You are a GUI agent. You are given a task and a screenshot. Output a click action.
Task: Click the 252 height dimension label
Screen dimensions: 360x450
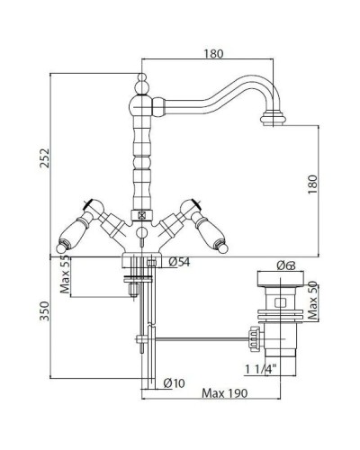click(x=44, y=157)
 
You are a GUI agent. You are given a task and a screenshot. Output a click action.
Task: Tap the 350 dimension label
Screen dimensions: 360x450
click(x=44, y=310)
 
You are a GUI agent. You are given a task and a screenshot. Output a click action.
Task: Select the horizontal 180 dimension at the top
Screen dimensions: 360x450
click(x=213, y=54)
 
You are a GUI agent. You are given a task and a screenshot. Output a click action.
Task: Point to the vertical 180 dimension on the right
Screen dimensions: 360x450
click(x=312, y=184)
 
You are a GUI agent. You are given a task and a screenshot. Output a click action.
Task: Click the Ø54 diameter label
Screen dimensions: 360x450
click(x=179, y=262)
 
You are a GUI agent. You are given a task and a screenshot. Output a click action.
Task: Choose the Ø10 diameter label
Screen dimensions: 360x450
click(x=174, y=382)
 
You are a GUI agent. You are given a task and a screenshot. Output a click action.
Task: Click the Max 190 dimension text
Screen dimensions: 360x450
click(x=225, y=393)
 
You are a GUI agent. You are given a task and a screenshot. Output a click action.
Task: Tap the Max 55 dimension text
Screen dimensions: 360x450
click(x=65, y=274)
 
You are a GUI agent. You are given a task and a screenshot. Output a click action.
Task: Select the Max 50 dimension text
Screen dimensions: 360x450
click(x=312, y=300)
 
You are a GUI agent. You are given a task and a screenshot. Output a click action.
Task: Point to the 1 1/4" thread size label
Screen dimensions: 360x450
click(x=260, y=369)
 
